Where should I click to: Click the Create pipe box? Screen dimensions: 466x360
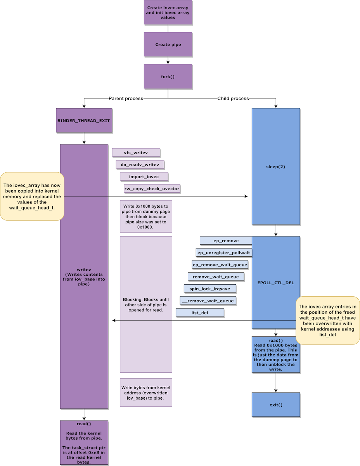pos(168,45)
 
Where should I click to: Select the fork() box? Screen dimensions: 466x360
pos(168,76)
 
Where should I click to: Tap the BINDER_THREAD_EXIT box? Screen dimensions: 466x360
pos(84,120)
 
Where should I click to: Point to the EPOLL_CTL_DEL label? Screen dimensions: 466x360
pos(276,283)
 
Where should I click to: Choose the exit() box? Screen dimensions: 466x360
pos(276,405)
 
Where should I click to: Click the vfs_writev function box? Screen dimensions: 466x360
pos(136,153)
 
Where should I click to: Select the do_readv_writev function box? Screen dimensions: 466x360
pos(140,165)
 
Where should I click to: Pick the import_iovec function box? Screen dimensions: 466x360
pos(144,177)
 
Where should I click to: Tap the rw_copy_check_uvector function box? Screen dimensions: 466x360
pos(152,189)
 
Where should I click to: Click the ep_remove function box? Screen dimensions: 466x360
pos(226,241)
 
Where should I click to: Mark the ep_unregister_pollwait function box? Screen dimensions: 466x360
pos(224,253)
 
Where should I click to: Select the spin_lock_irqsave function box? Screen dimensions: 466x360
pos(210,289)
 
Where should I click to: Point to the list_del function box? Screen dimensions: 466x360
pos(200,313)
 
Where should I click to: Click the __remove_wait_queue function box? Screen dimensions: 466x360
pos(208,301)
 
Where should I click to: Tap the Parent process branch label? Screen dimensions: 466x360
pos(126,98)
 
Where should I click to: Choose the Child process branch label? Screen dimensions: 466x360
pos(233,98)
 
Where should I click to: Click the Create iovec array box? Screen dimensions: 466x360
pos(168,12)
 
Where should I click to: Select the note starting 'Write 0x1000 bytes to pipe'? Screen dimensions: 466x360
pos(146,216)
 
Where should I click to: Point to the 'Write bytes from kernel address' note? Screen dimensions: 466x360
pos(146,393)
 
